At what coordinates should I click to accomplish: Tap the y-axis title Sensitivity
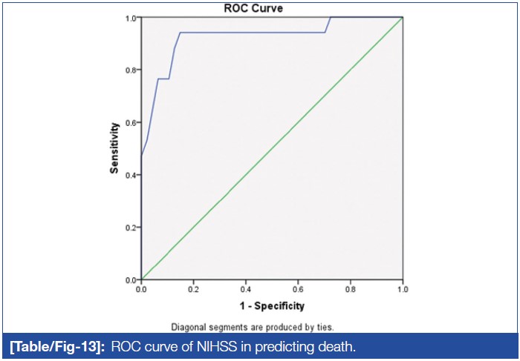115,148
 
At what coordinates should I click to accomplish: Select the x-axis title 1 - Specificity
271,305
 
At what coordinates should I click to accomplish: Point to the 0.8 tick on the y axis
131,70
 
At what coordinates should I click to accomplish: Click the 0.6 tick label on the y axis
131,122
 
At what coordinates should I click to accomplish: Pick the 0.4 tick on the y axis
131,175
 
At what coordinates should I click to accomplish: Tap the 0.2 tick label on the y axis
131,227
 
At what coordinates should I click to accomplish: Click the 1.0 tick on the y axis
131,18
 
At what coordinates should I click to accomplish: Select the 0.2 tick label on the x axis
193,289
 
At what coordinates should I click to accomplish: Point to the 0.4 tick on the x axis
246,289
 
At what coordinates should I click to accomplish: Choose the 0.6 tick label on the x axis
298,289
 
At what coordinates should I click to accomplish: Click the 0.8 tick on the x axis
350,289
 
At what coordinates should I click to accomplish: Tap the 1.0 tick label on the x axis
402,289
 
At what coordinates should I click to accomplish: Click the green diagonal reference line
272,148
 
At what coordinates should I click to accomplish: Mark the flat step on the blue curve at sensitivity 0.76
163,79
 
